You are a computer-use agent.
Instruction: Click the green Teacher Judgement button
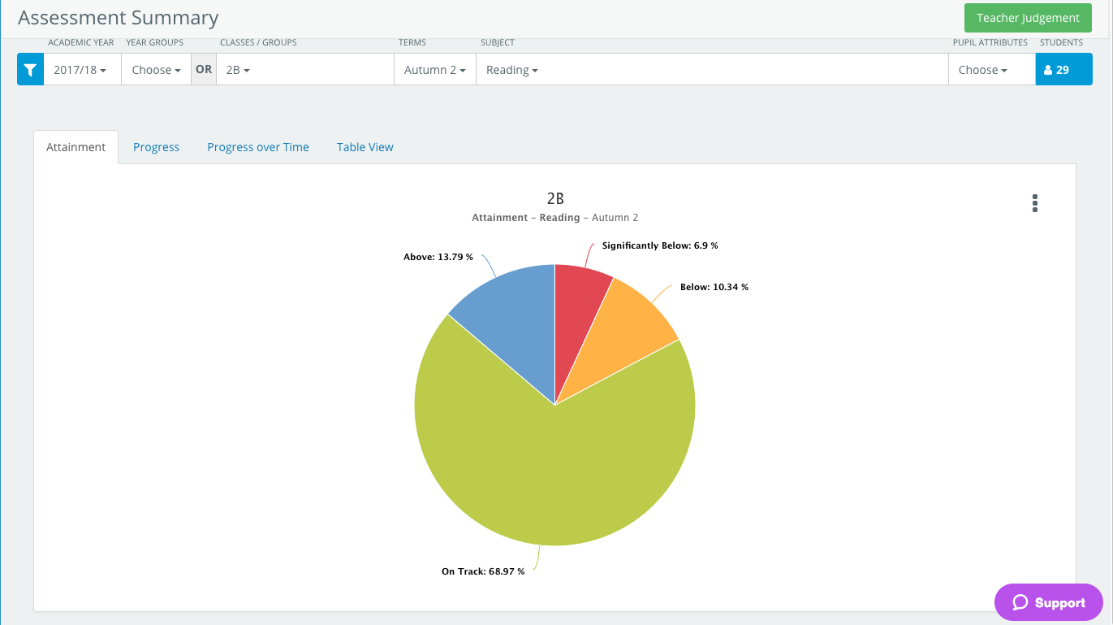coord(1028,18)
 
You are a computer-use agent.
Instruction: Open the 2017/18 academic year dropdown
coord(80,70)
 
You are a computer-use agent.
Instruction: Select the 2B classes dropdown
coord(238,70)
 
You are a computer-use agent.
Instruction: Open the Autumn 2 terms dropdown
coord(434,70)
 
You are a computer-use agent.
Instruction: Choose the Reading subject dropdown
coord(512,70)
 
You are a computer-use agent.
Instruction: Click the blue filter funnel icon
coord(30,70)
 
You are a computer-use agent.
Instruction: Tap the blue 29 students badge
coord(1063,70)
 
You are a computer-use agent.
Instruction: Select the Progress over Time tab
coord(258,147)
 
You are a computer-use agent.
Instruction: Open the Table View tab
coord(365,147)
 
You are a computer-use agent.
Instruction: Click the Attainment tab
coord(75,147)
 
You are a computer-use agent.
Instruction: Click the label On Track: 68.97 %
coord(483,571)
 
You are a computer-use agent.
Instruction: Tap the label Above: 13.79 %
coord(438,257)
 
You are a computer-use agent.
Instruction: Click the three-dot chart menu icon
coord(1035,203)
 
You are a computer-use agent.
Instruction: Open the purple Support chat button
coord(1049,602)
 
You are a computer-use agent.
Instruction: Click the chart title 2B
coord(555,199)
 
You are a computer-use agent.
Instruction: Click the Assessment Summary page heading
coord(119,18)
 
